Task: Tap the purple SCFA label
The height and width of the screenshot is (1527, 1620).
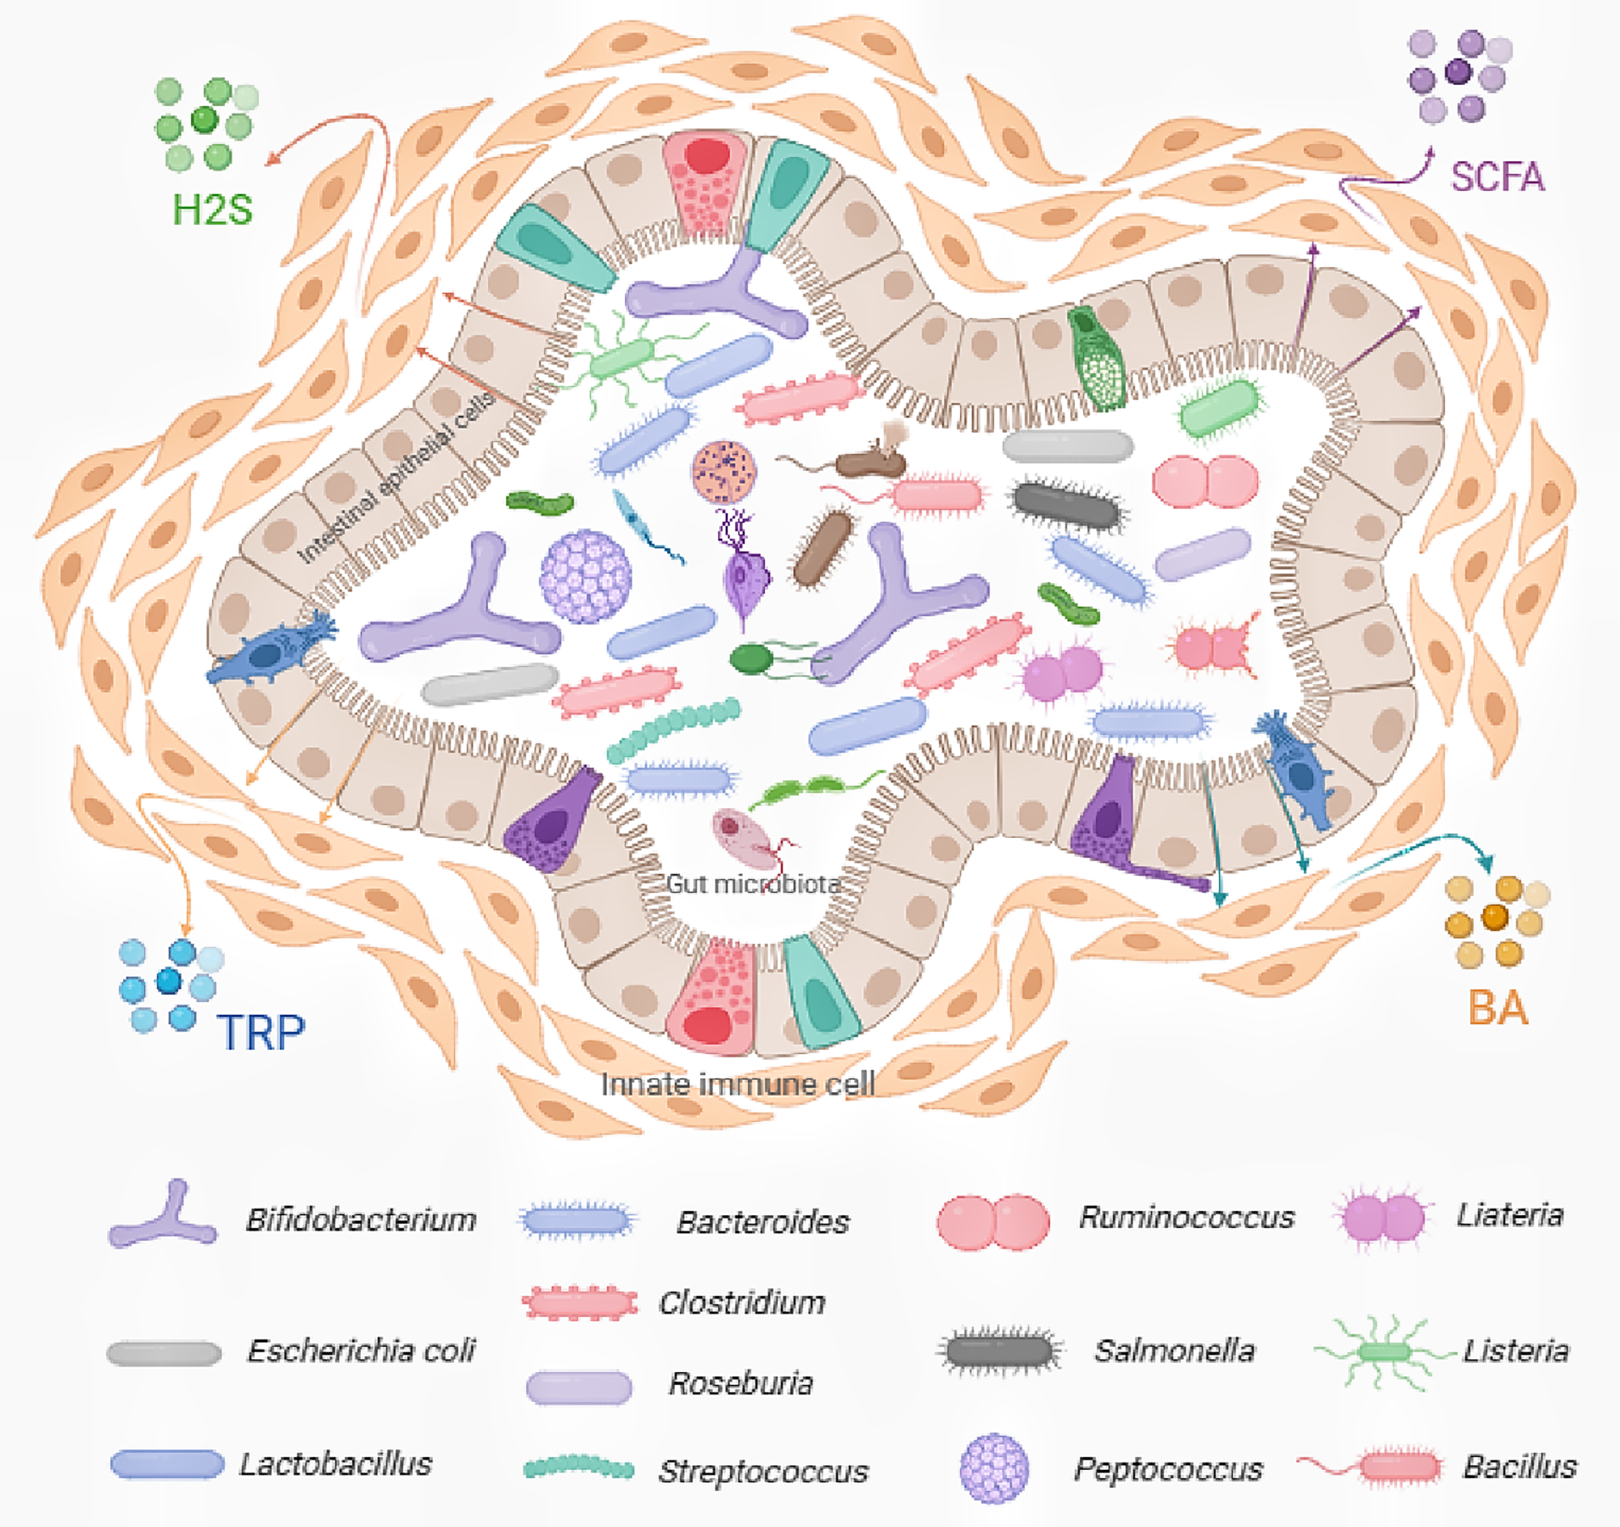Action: click(x=1497, y=177)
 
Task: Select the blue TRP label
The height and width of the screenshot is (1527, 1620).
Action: click(x=261, y=1033)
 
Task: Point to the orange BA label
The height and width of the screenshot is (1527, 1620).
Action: click(x=1498, y=1008)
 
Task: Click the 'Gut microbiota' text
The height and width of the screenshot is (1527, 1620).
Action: click(x=753, y=884)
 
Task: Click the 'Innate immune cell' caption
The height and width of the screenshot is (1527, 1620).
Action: click(x=737, y=1085)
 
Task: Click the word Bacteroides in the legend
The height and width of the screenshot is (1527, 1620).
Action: click(x=763, y=1222)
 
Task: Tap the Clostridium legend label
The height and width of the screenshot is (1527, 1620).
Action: click(x=742, y=1303)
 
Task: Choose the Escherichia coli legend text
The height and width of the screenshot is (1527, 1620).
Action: click(x=361, y=1351)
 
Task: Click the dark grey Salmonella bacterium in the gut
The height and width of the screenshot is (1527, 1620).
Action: click(x=1066, y=505)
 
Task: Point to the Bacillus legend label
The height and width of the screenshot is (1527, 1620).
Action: click(x=1520, y=1467)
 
